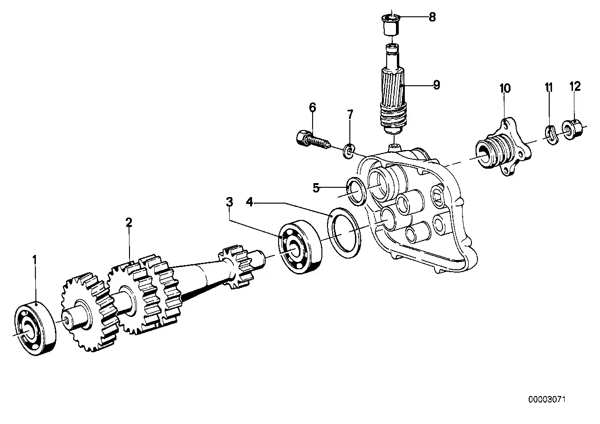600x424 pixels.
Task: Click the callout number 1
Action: tap(34, 258)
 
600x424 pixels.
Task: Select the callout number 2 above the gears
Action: tap(129, 222)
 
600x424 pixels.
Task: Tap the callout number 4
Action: tap(250, 202)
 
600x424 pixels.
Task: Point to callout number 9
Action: tap(436, 85)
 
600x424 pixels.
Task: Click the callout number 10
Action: tap(505, 88)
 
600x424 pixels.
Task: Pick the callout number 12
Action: tap(575, 86)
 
